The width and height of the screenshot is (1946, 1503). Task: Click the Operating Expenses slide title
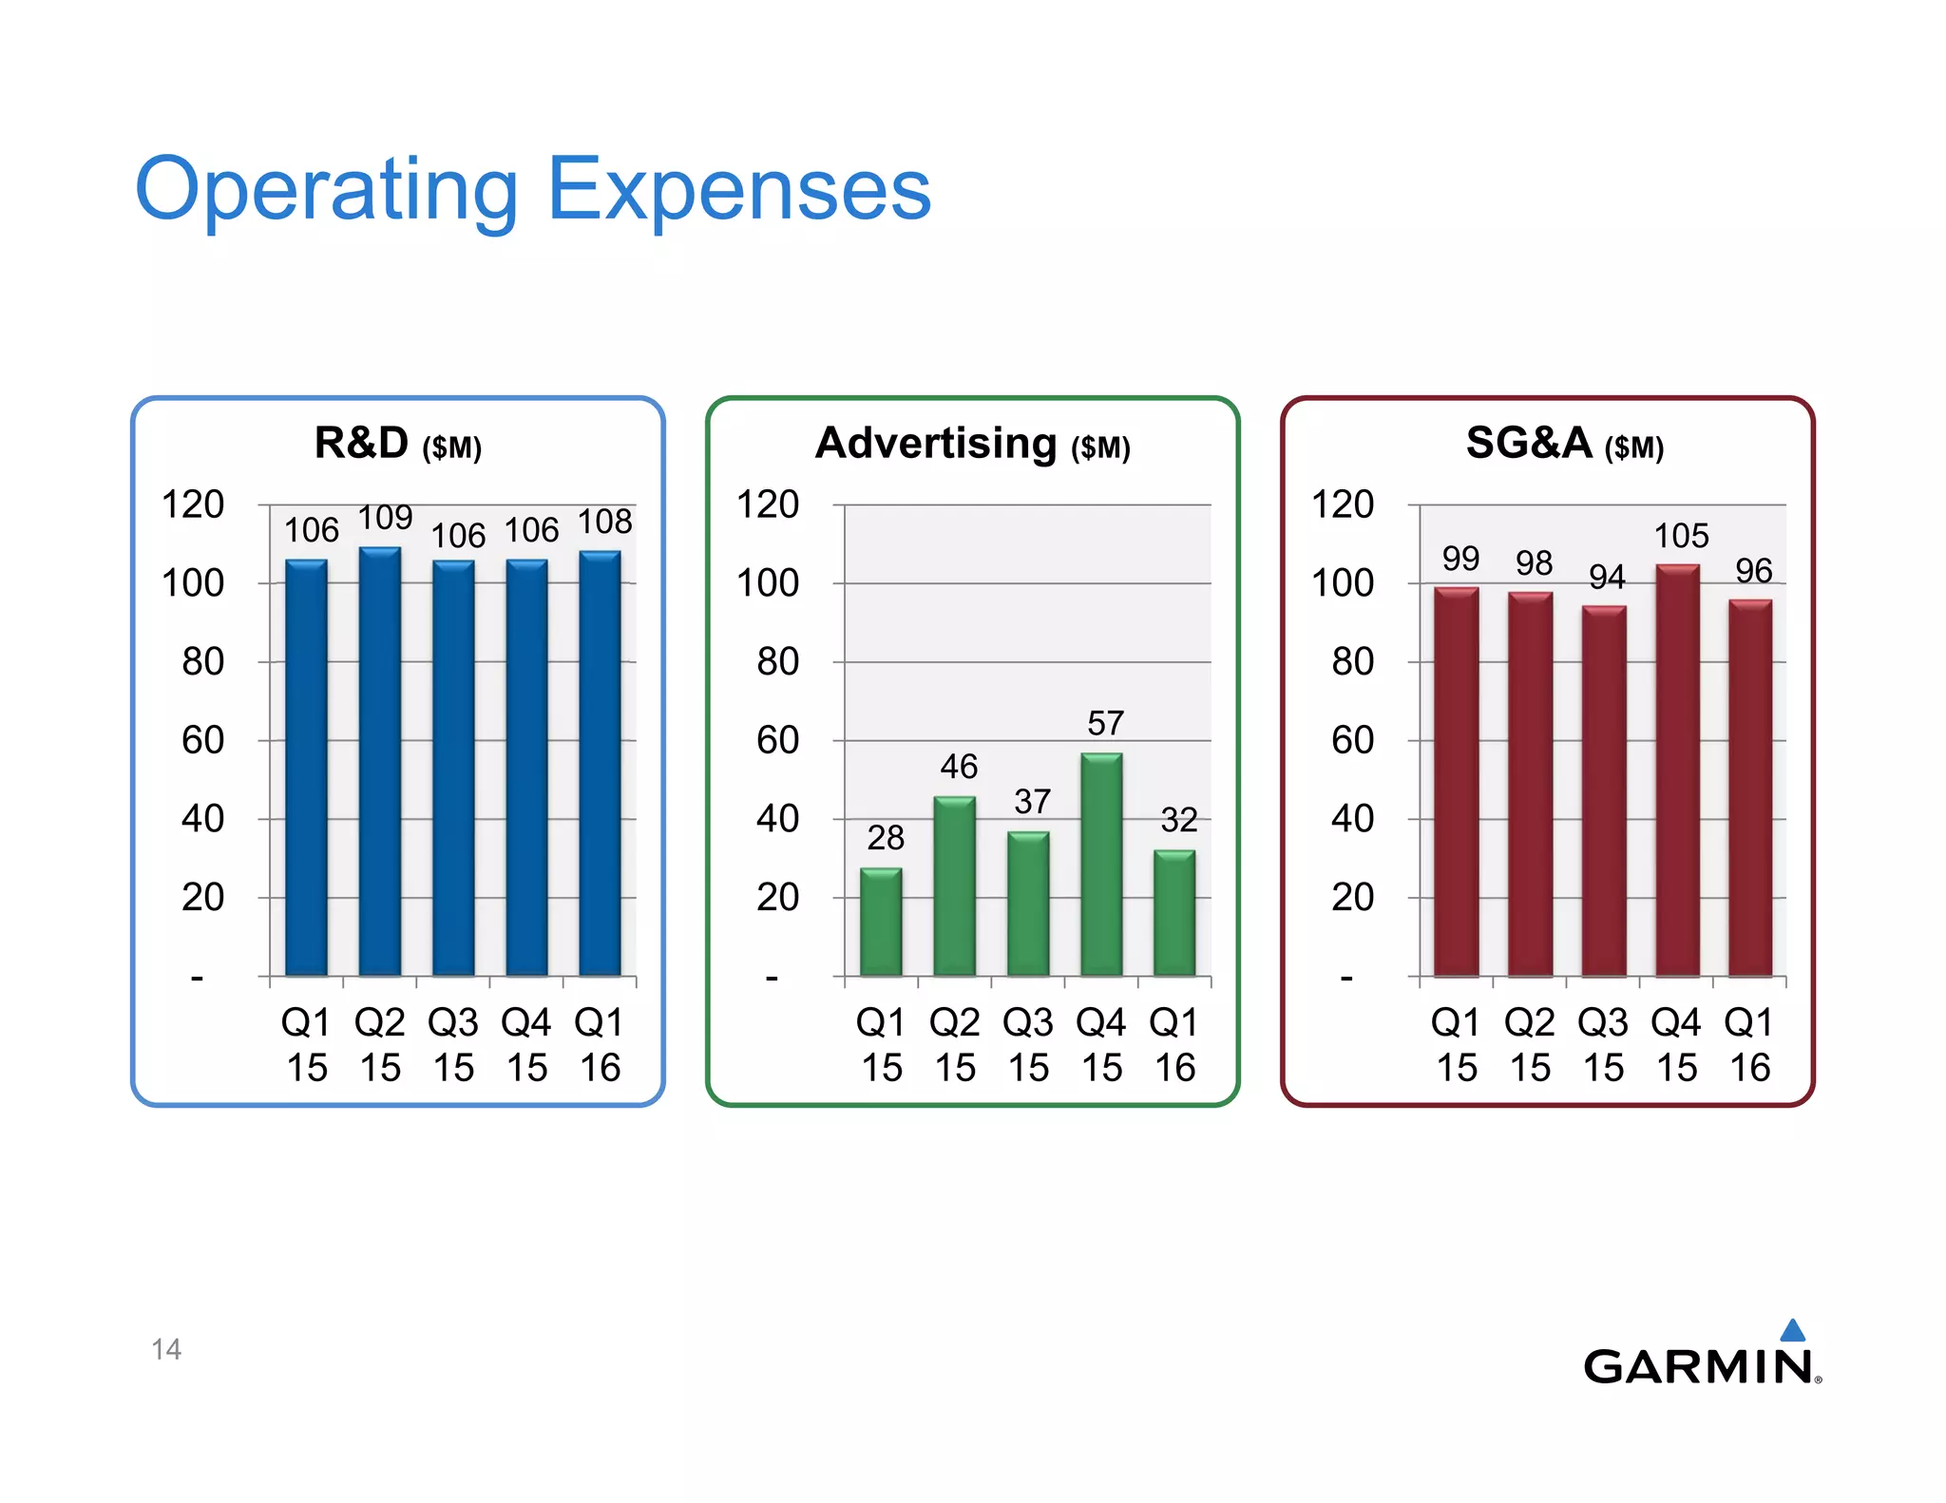[532, 190]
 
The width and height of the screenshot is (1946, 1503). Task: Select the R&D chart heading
[397, 444]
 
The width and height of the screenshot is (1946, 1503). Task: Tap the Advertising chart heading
[972, 444]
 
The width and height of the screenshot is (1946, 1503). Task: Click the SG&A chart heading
[1564, 444]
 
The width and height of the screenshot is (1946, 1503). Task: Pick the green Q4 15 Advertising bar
[1101, 865]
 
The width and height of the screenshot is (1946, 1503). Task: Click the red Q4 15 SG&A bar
[1677, 770]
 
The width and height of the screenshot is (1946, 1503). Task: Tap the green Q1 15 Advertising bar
[881, 922]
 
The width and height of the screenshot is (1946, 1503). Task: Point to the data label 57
[1105, 724]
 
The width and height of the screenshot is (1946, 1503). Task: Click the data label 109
[385, 518]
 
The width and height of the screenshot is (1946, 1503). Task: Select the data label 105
[1681, 536]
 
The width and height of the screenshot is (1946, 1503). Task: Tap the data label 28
[885, 838]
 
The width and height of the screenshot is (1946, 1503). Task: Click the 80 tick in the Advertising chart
[777, 661]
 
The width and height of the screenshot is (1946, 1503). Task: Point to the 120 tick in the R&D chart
[193, 504]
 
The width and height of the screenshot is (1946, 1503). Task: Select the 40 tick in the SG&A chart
[1352, 818]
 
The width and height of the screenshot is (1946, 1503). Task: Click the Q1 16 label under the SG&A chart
[1748, 1045]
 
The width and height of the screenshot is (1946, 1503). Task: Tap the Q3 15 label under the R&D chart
[453, 1045]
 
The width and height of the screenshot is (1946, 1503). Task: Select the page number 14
[166, 1349]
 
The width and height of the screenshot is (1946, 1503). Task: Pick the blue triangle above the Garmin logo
[1792, 1331]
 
